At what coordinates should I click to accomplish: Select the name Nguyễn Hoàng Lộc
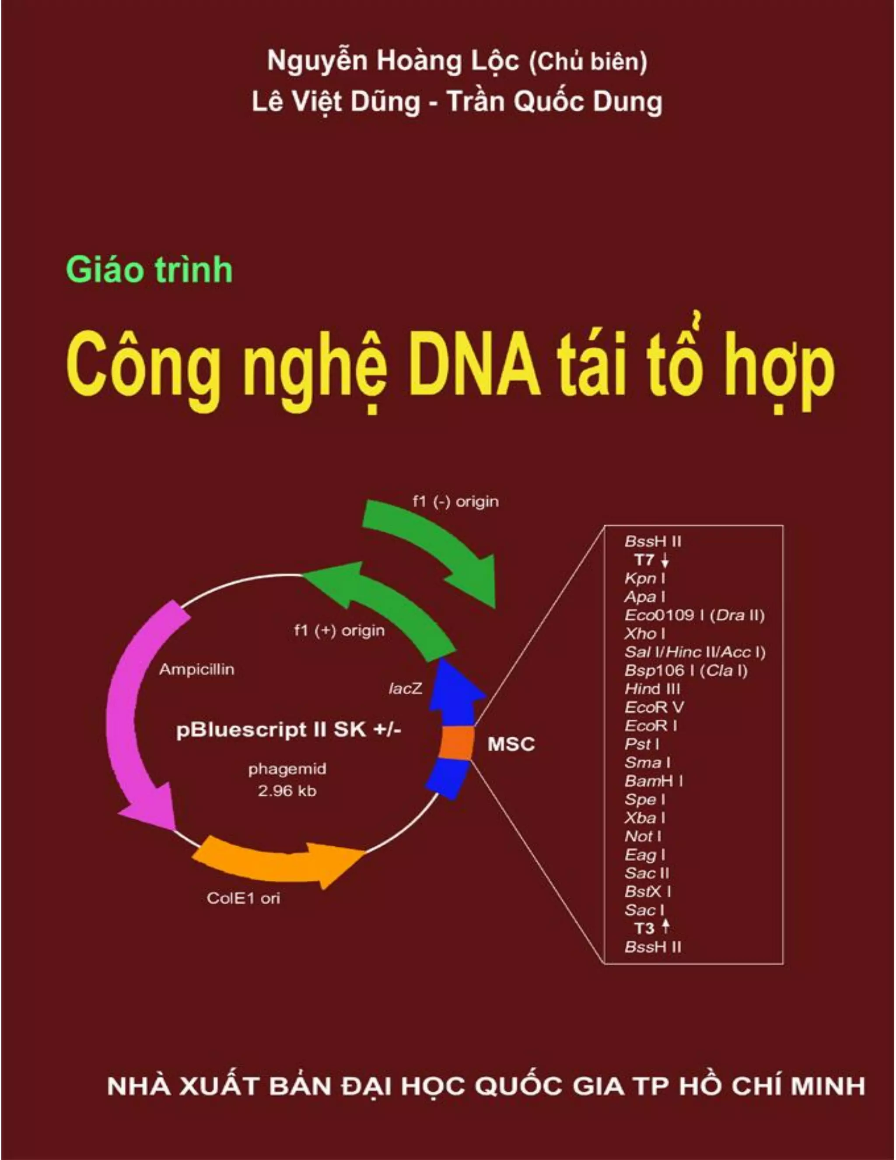click(392, 61)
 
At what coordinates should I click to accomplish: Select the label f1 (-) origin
click(455, 501)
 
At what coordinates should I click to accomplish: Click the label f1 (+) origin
click(339, 631)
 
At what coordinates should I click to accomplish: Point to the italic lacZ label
click(406, 689)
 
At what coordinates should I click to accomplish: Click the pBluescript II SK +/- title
click(288, 730)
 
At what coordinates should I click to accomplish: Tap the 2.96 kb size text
click(287, 791)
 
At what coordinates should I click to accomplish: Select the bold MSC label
click(511, 744)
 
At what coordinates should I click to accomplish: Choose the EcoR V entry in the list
click(654, 707)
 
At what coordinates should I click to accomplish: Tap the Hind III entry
click(652, 689)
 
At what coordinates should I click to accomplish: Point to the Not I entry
click(643, 836)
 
